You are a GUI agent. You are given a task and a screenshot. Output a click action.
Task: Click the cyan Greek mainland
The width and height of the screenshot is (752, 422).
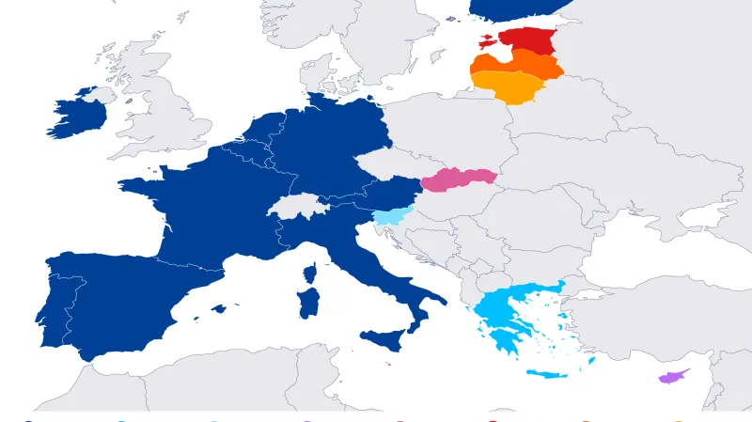[503, 310]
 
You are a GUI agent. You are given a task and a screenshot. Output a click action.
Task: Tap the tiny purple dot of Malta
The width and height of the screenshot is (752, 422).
[388, 365]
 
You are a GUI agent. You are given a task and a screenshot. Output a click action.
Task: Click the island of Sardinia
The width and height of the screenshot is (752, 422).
[307, 303]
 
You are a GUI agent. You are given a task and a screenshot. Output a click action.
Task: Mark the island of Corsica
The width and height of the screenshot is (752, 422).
[309, 274]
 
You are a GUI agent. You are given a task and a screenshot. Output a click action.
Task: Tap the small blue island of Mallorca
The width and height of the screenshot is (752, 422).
[219, 308]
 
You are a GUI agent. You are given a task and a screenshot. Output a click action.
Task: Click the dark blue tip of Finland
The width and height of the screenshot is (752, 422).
[517, 8]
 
